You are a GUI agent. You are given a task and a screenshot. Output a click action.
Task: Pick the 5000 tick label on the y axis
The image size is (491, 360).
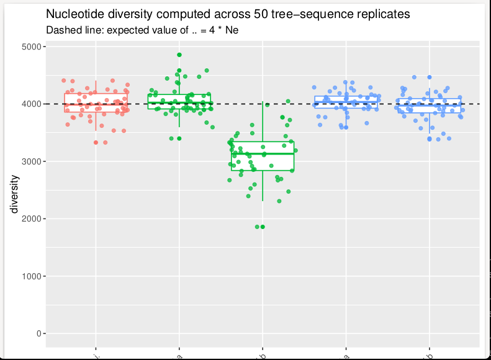pyautogui.click(x=30, y=47)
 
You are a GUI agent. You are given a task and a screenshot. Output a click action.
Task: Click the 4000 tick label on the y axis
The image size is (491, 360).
pyautogui.click(x=30, y=104)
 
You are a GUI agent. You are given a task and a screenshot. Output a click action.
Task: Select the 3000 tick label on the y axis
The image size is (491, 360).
pyautogui.click(x=30, y=161)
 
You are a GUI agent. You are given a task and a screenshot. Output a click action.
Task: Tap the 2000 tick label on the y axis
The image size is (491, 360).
pyautogui.click(x=30, y=219)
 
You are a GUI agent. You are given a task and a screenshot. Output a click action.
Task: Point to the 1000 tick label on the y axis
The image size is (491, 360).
pyautogui.click(x=30, y=276)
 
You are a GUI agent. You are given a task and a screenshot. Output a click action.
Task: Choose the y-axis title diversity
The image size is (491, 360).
pyautogui.click(x=14, y=194)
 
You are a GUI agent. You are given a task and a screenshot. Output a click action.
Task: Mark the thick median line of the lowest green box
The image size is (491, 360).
pyautogui.click(x=263, y=153)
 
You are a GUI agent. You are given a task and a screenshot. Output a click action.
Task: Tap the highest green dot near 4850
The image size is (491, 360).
pyautogui.click(x=179, y=55)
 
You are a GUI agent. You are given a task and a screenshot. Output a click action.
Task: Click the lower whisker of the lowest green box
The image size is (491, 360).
pyautogui.click(x=263, y=186)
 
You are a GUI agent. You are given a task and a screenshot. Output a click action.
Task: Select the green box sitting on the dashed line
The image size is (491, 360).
pyautogui.click(x=179, y=101)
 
